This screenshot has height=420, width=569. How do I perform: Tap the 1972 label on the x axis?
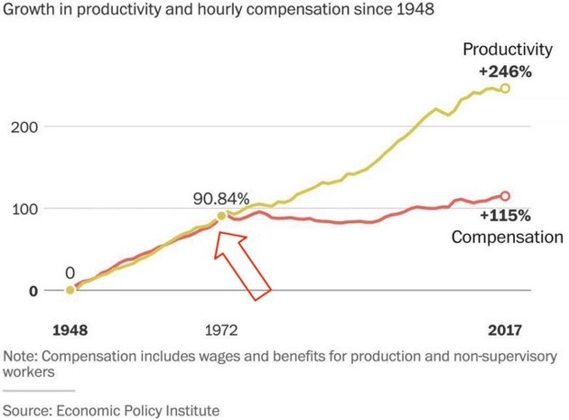click(x=220, y=330)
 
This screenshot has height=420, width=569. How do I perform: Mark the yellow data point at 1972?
click(x=221, y=217)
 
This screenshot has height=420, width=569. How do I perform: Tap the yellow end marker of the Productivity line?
click(x=505, y=89)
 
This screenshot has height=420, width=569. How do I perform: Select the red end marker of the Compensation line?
click(x=505, y=196)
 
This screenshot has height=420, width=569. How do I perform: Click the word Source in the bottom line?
click(x=28, y=410)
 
